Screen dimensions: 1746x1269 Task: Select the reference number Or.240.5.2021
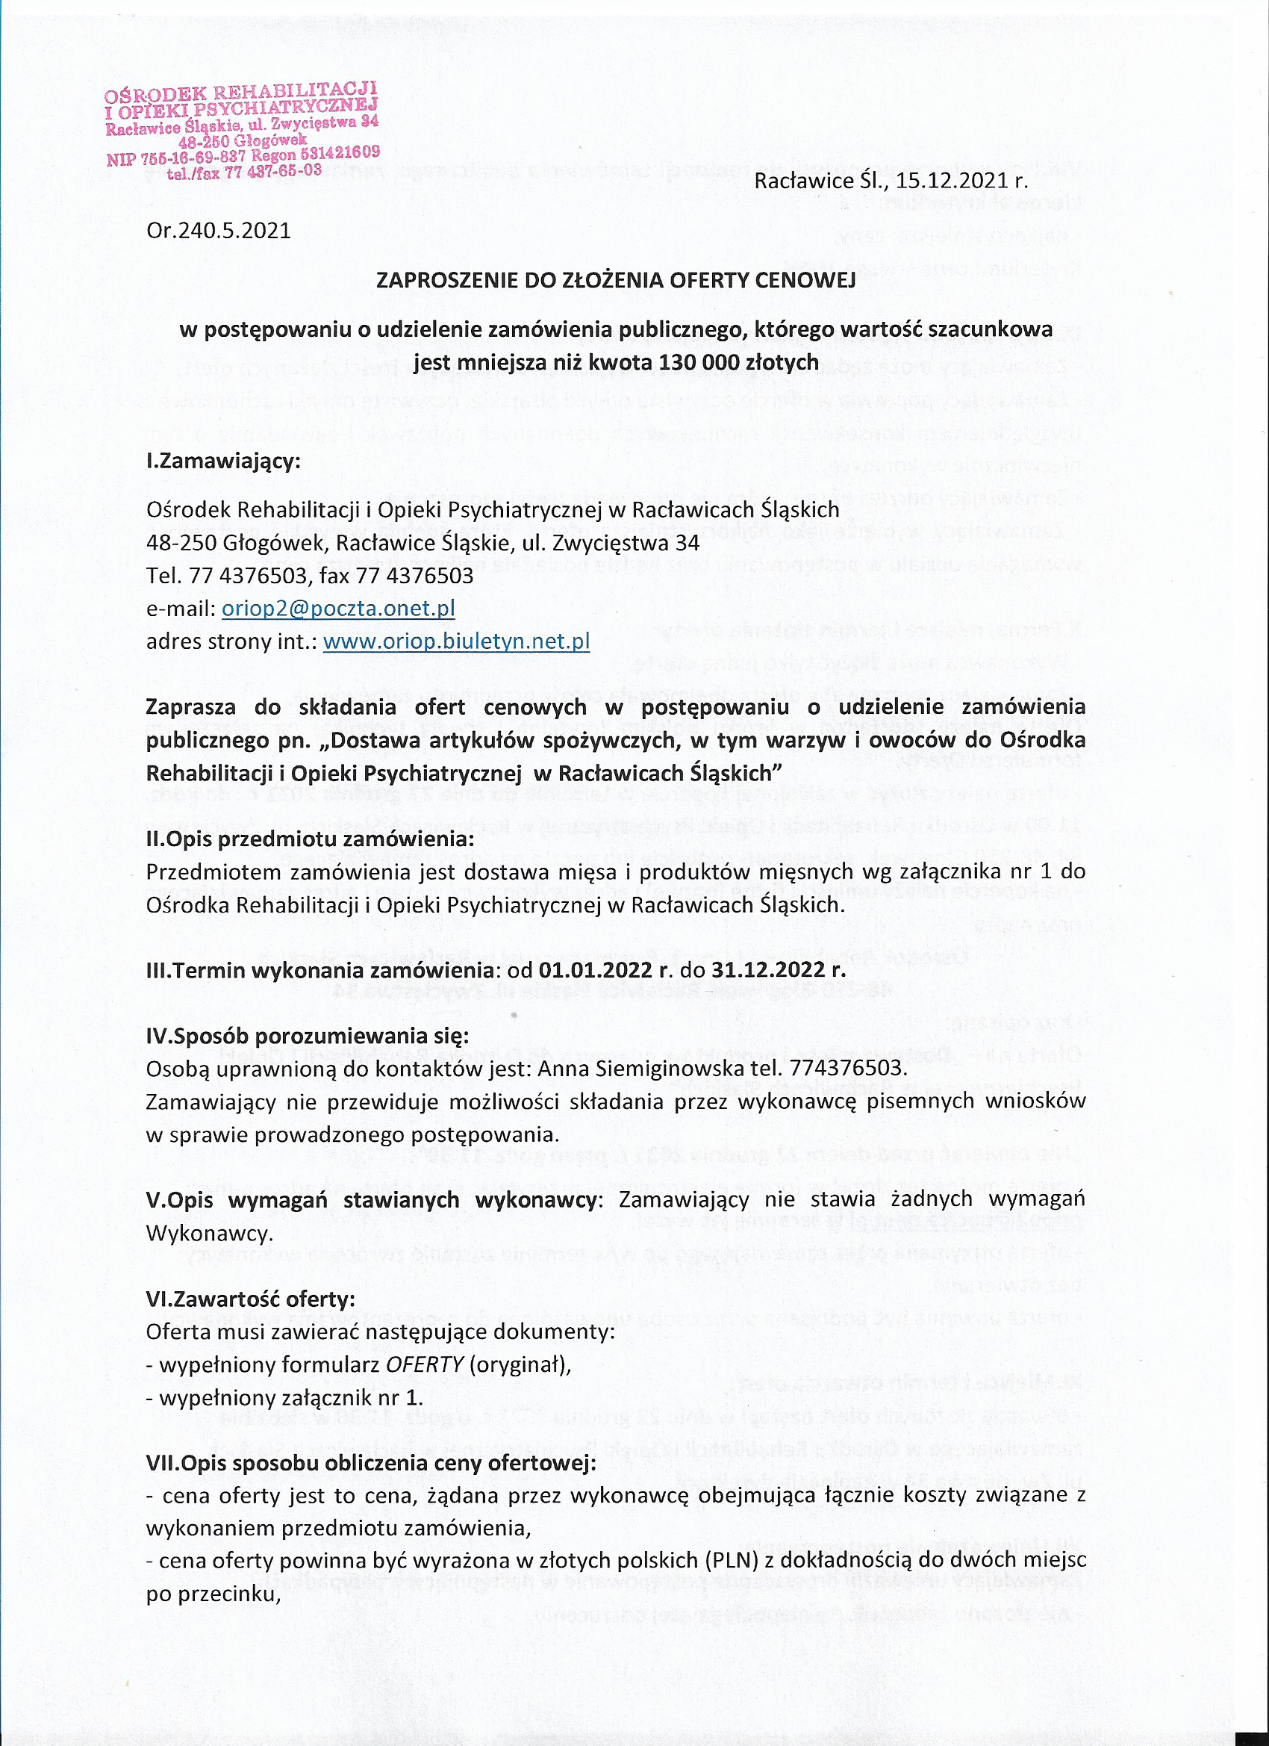point(219,230)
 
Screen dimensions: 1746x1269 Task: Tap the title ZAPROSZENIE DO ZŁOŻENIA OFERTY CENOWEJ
point(616,280)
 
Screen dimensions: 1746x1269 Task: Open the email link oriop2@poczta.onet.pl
point(338,609)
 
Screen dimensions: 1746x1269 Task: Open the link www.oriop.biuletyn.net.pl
point(456,641)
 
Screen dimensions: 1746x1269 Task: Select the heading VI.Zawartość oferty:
point(251,1299)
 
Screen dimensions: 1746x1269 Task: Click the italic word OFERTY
point(425,1365)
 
